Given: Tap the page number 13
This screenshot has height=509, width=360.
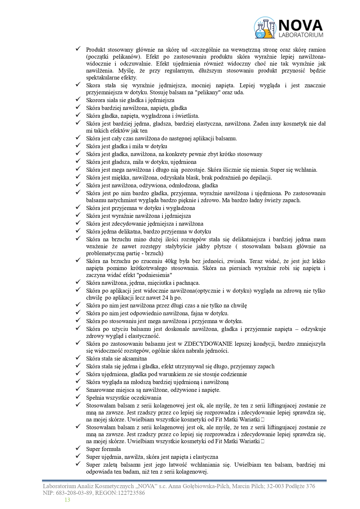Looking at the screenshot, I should click(x=67, y=500).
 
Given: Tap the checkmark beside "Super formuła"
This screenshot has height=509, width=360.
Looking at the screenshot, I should click(x=78, y=449).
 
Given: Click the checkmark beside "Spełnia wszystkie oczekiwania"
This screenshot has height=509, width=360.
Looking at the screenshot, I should click(x=78, y=397).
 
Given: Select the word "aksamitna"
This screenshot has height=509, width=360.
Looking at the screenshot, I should click(x=134, y=359).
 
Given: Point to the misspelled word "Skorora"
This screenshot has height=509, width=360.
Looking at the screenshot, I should click(x=96, y=100).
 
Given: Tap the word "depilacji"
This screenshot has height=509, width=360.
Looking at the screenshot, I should click(x=260, y=178).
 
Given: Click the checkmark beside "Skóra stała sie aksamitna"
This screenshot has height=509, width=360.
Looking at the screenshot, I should click(x=78, y=358).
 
